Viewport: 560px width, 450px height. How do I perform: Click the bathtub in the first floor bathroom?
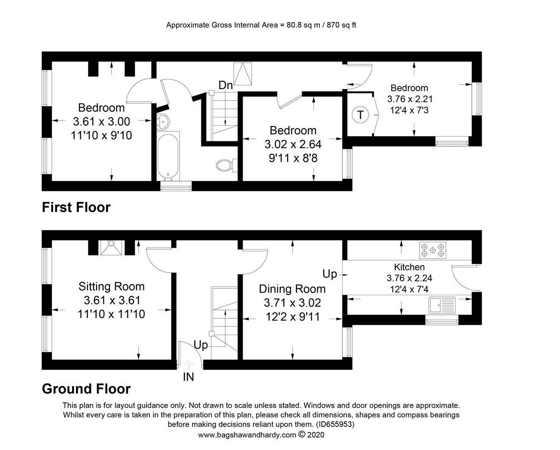[168, 156]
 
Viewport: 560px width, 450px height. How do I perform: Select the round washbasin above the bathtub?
[163, 122]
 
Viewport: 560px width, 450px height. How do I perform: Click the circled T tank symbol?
[360, 115]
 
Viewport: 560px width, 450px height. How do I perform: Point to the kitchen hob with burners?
[433, 250]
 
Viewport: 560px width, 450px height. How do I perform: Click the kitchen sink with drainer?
[442, 305]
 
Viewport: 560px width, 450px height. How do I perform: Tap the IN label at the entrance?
[188, 377]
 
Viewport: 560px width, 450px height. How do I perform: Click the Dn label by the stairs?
[226, 85]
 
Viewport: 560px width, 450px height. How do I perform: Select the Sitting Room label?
[111, 287]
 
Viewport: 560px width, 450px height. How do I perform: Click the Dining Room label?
[292, 289]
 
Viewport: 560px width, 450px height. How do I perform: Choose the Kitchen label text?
[409, 267]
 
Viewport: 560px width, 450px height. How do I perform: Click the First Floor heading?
[76, 207]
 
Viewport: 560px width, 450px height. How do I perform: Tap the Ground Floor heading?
[86, 389]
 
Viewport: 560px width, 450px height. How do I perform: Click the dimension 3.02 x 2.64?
[293, 144]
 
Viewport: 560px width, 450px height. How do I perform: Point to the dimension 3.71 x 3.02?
[293, 303]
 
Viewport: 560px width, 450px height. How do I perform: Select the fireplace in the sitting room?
[111, 247]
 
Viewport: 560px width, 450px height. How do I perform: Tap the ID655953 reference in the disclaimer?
[335, 424]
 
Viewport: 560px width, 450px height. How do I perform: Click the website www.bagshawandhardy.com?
[247, 435]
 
